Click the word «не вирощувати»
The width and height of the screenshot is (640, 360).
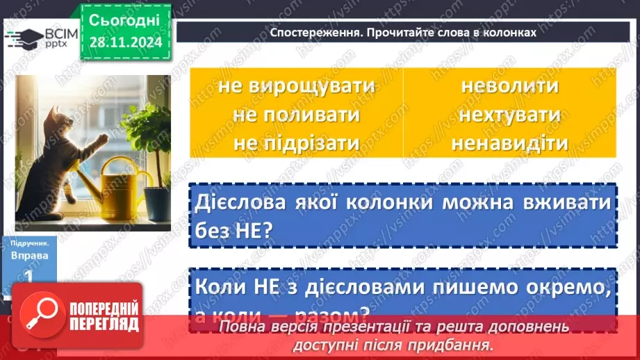point(296,86)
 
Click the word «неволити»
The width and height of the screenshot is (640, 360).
point(509,86)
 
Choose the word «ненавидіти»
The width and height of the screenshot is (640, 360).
point(509,142)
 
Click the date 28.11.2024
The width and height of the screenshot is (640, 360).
point(126,42)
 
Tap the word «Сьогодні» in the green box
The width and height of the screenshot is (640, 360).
point(125,19)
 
